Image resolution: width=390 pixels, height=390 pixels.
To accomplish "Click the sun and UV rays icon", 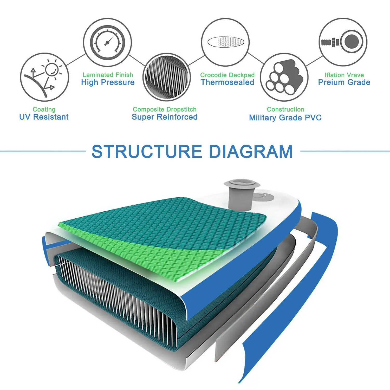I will pos(44,77).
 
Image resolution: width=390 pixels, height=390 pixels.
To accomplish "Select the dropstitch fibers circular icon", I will pos(167,77).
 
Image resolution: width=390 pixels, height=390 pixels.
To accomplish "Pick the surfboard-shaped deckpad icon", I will pos(225,42).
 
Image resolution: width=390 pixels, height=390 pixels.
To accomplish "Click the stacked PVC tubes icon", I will pos(284,77).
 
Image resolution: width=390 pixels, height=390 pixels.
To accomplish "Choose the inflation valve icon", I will pos(343,42).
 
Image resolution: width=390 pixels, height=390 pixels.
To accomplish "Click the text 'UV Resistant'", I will pos(44,117).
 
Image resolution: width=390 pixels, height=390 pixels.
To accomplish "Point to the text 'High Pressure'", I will pos(108,82).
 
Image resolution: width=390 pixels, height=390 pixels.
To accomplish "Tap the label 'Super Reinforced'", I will pos(165,117).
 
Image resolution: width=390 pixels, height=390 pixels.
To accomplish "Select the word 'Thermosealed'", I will pos(227,82).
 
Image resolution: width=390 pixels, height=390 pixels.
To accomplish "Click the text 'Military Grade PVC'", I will pos(285,118).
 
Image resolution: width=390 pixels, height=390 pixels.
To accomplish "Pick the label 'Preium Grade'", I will pos(344,82).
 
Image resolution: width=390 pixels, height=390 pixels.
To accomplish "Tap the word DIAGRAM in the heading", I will pos(251,152).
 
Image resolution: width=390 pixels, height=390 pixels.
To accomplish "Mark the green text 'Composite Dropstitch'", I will pos(165,109).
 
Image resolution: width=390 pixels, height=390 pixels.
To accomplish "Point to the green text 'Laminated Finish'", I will pos(108,75).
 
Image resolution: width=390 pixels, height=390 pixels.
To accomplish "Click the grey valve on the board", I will pos(242,194).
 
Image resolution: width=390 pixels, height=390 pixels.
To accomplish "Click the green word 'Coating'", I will pos(44,109).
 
